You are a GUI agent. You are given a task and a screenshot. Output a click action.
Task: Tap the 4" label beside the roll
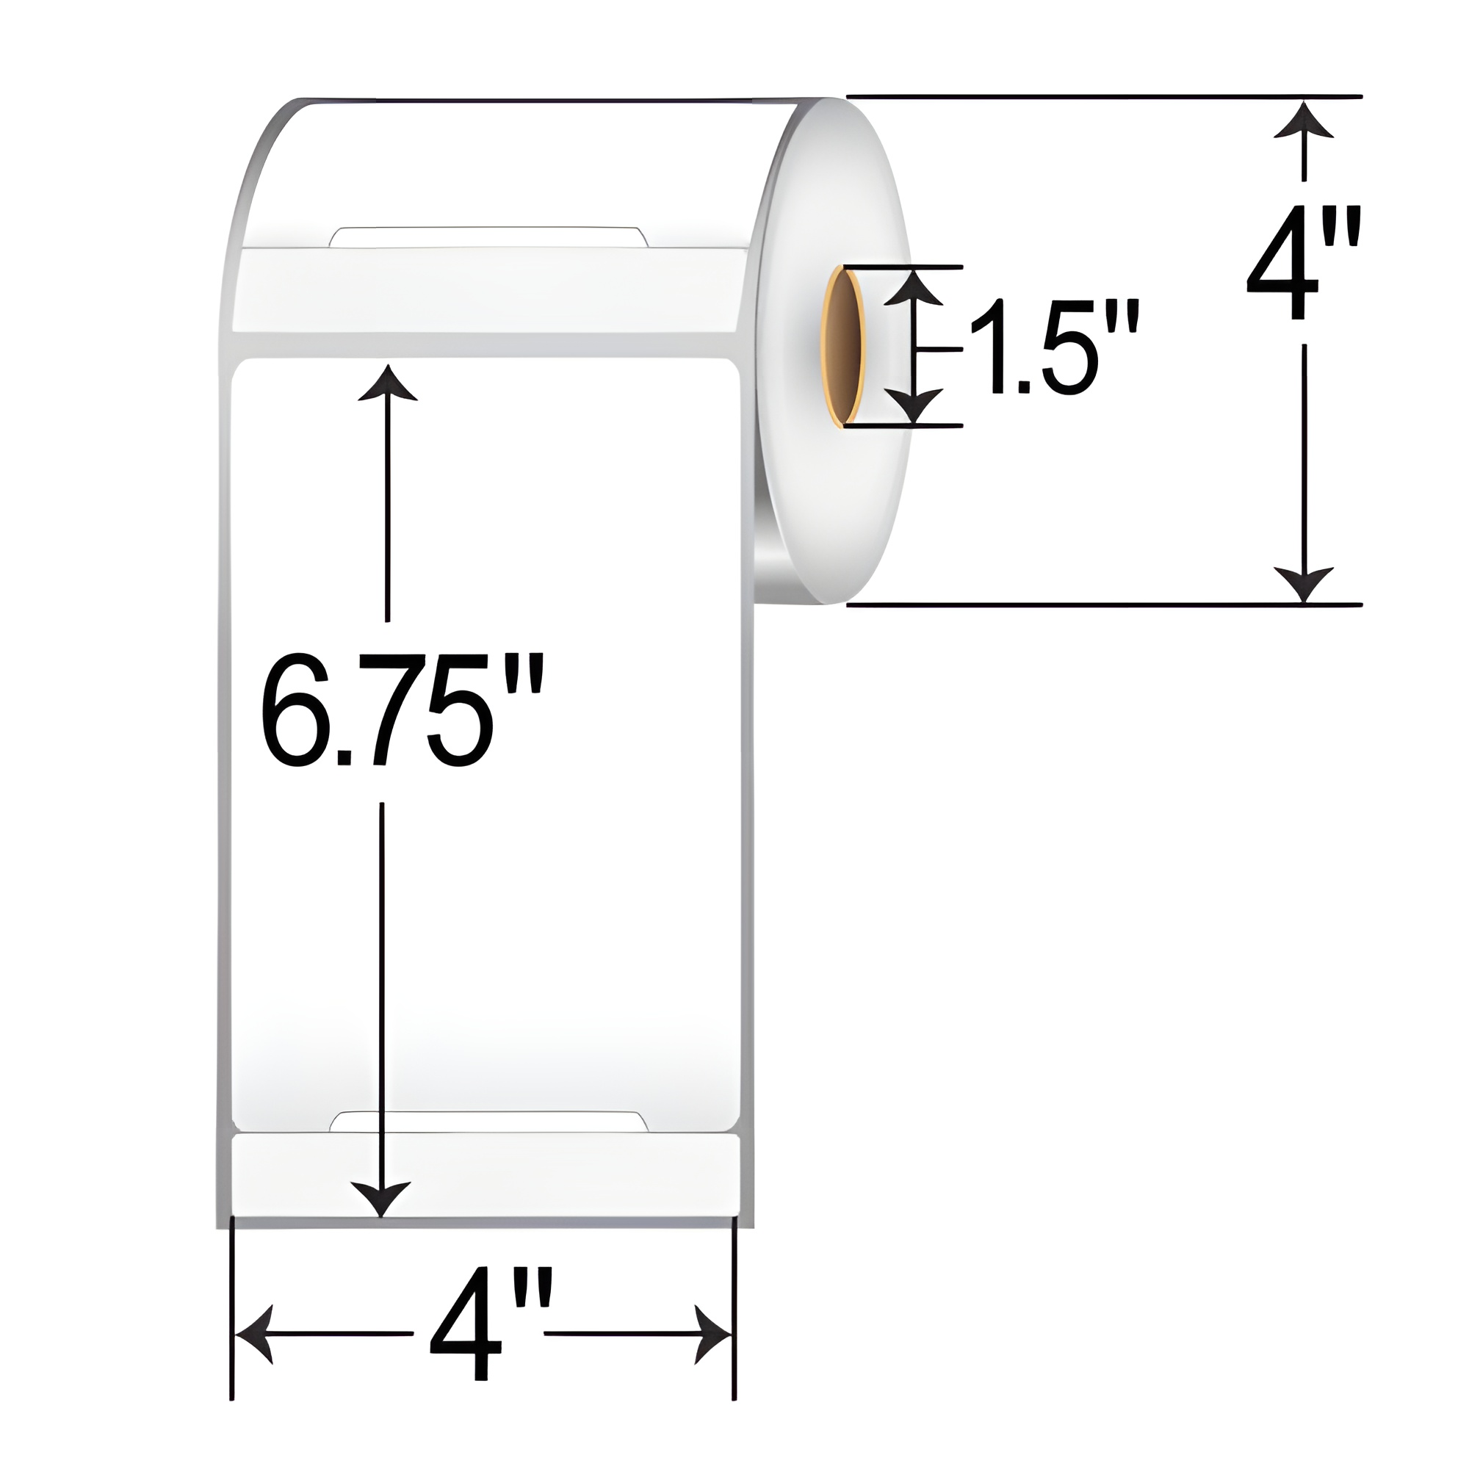pyautogui.click(x=1302, y=262)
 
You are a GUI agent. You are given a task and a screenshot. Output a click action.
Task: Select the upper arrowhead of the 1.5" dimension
pyautogui.click(x=914, y=289)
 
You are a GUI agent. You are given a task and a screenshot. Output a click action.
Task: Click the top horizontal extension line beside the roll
pyautogui.click(x=1102, y=96)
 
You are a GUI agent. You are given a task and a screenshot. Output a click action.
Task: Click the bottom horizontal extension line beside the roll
pyautogui.click(x=1102, y=605)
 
